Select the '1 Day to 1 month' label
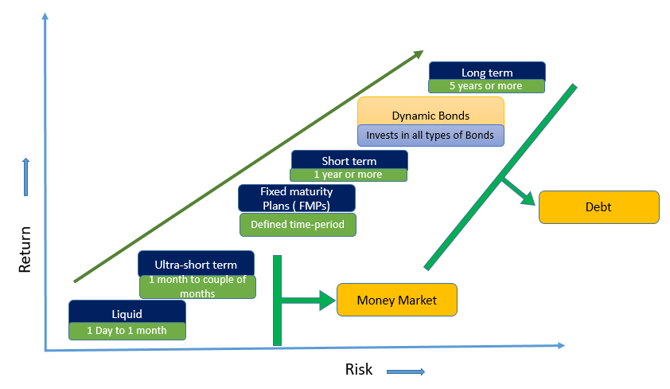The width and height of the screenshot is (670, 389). pyautogui.click(x=127, y=331)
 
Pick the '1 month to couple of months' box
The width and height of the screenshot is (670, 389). pyautogui.click(x=198, y=287)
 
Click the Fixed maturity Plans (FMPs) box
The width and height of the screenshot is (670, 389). pyautogui.click(x=296, y=196)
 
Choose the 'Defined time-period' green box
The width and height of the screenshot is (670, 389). pyautogui.click(x=298, y=225)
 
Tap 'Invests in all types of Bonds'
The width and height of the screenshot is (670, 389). pyautogui.click(x=430, y=136)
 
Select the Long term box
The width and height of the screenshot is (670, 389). pyautogui.click(x=487, y=72)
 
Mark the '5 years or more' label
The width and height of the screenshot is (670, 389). pyautogui.click(x=486, y=86)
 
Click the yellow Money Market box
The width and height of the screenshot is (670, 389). pyautogui.click(x=397, y=300)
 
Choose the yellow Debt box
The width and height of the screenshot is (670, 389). pyautogui.click(x=598, y=207)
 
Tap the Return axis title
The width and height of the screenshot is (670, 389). pyautogui.click(x=25, y=250)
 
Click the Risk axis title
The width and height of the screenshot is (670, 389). pyautogui.click(x=359, y=369)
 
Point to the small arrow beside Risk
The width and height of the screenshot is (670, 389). pyautogui.click(x=406, y=371)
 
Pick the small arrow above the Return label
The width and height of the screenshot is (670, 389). pyautogui.click(x=26, y=177)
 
